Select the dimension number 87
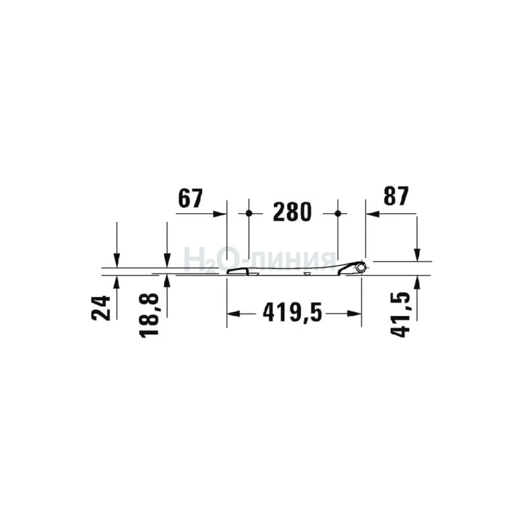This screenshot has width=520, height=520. [396, 195]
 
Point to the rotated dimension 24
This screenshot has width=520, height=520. [101, 308]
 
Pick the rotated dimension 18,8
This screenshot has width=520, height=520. [149, 315]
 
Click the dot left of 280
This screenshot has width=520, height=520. [249, 214]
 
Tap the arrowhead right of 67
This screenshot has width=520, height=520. [220, 214]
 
